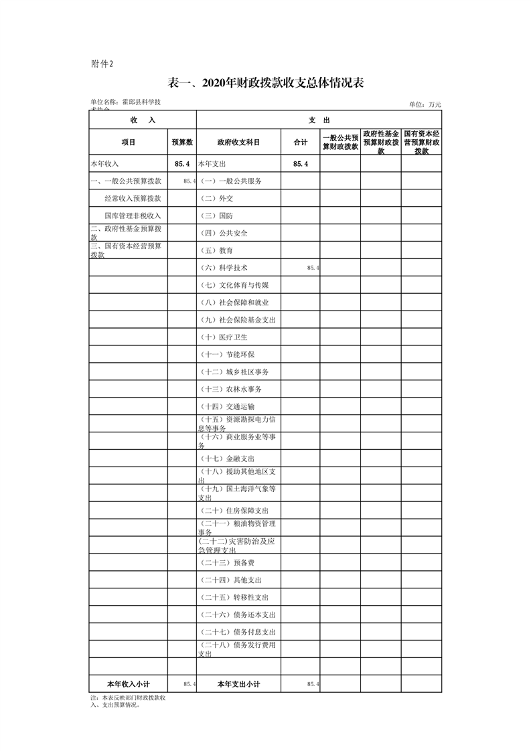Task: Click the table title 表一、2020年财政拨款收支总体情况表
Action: pos(265,83)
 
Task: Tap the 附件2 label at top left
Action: pos(102,64)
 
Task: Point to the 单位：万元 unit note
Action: pos(425,104)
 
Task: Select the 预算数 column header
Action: pos(182,143)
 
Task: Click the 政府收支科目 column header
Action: pos(238,143)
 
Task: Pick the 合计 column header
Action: pos(301,143)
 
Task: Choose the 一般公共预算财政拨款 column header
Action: pos(340,143)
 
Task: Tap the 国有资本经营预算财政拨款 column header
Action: pos(421,143)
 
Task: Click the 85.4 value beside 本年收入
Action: pos(182,164)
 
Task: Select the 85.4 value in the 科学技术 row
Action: pos(313,268)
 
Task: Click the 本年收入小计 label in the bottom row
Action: pos(129,684)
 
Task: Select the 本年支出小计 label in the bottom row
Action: pos(238,684)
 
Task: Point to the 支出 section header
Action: pos(319,120)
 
